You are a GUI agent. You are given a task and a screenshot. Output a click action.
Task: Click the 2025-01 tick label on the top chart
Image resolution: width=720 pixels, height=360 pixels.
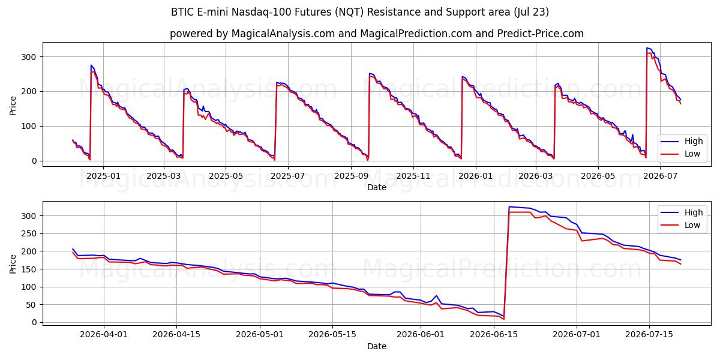[x=103, y=176]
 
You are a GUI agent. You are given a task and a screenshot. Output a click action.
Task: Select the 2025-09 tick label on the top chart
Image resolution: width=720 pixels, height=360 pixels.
[x=351, y=176]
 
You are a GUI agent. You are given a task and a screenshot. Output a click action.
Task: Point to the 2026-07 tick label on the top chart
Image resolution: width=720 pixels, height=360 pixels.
[x=660, y=176]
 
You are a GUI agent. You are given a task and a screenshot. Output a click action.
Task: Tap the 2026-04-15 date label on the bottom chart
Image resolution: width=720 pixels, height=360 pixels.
[x=176, y=334]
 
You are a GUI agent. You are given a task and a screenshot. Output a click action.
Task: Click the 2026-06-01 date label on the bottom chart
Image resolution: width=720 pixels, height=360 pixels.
[x=421, y=334]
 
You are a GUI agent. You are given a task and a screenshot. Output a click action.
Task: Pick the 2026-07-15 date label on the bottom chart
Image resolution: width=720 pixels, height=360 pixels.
[x=649, y=334]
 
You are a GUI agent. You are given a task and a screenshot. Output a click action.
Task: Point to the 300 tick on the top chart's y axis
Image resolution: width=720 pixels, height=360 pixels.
[x=29, y=57]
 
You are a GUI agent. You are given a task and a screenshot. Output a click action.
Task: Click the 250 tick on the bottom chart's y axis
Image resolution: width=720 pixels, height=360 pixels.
[x=29, y=233]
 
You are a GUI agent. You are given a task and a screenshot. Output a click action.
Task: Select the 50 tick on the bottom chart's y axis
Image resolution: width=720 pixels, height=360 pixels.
[x=31, y=305]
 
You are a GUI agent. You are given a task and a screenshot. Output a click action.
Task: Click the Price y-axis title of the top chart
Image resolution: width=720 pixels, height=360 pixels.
[x=13, y=106]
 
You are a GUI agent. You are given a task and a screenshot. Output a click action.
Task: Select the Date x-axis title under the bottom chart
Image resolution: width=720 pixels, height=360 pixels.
[x=377, y=347]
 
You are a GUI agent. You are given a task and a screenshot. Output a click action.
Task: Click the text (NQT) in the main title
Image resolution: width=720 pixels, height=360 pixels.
[x=349, y=12]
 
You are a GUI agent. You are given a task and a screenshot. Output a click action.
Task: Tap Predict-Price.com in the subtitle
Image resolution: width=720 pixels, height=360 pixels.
[x=541, y=34]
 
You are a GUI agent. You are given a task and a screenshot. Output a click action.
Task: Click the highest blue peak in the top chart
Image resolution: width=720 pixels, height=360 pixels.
[x=647, y=48]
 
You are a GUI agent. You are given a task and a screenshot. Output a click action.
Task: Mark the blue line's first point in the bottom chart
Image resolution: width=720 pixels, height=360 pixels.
[x=73, y=249]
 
